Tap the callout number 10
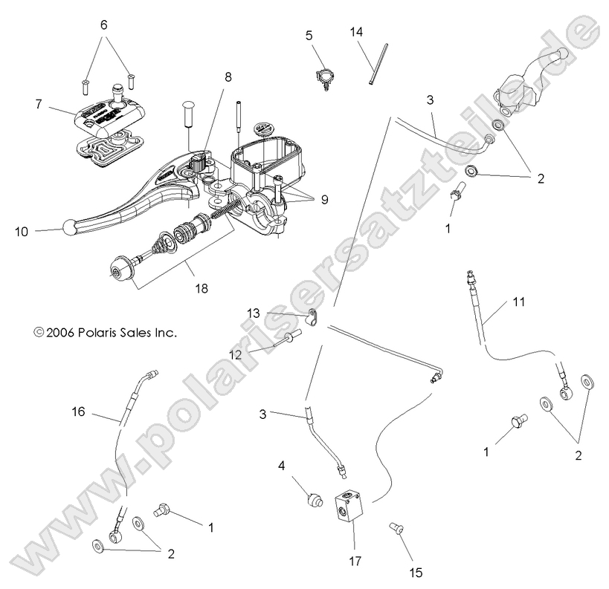tap(21, 231)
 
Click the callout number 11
tap(518, 302)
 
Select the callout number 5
tap(309, 34)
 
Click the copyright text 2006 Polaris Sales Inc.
tap(105, 333)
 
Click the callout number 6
tap(104, 25)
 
